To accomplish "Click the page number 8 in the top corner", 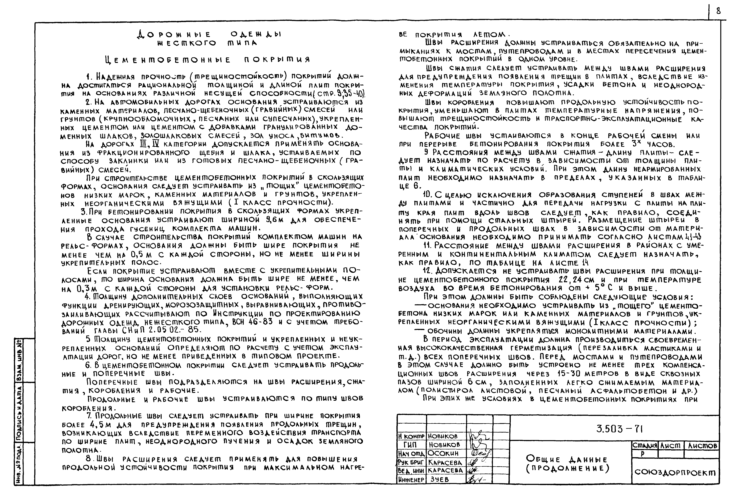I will coord(718,11).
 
